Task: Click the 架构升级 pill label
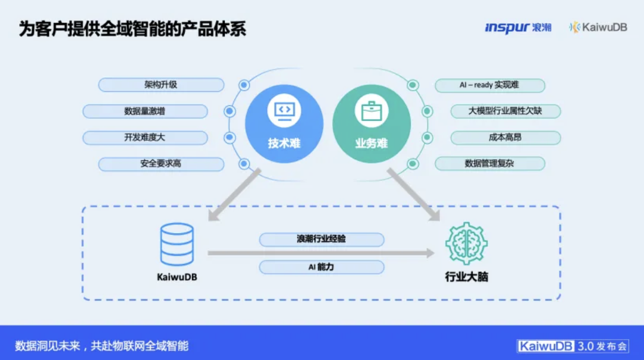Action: point(161,85)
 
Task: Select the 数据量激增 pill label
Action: point(145,111)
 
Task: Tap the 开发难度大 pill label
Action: point(145,138)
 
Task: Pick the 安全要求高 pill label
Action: point(161,164)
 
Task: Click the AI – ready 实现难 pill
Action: point(490,85)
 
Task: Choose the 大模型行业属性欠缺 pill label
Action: point(505,111)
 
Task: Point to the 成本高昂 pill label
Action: point(505,138)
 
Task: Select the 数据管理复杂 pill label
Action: point(490,164)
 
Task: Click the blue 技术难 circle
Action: point(284,124)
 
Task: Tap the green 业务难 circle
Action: point(371,124)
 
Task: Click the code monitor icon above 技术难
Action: point(284,111)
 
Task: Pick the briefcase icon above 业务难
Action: point(371,111)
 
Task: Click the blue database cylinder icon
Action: point(177,244)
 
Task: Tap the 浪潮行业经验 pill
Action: point(321,240)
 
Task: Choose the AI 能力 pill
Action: point(321,267)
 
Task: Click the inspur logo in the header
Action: point(518,27)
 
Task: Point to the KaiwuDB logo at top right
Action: point(598,27)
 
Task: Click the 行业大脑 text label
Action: point(466,277)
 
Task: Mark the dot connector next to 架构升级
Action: point(244,85)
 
